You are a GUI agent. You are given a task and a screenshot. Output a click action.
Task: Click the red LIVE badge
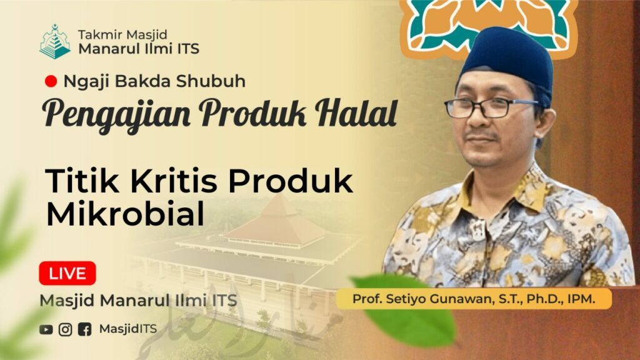(x=67, y=273)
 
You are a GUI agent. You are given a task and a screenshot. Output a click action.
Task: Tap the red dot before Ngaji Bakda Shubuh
(x=51, y=81)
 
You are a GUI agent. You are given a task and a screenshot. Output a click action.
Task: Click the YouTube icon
(x=46, y=329)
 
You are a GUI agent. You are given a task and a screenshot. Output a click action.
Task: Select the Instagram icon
(x=65, y=329)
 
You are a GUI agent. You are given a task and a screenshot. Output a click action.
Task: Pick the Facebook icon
(x=84, y=329)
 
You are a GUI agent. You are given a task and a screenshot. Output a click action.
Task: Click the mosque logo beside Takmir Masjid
(x=55, y=42)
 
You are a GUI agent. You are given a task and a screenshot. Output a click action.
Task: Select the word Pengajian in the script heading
(x=116, y=115)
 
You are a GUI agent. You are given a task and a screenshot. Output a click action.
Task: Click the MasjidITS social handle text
(x=127, y=329)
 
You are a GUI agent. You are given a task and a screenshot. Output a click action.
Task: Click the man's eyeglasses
(x=490, y=107)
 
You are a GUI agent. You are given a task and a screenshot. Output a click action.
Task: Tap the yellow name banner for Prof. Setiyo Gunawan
(x=474, y=299)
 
